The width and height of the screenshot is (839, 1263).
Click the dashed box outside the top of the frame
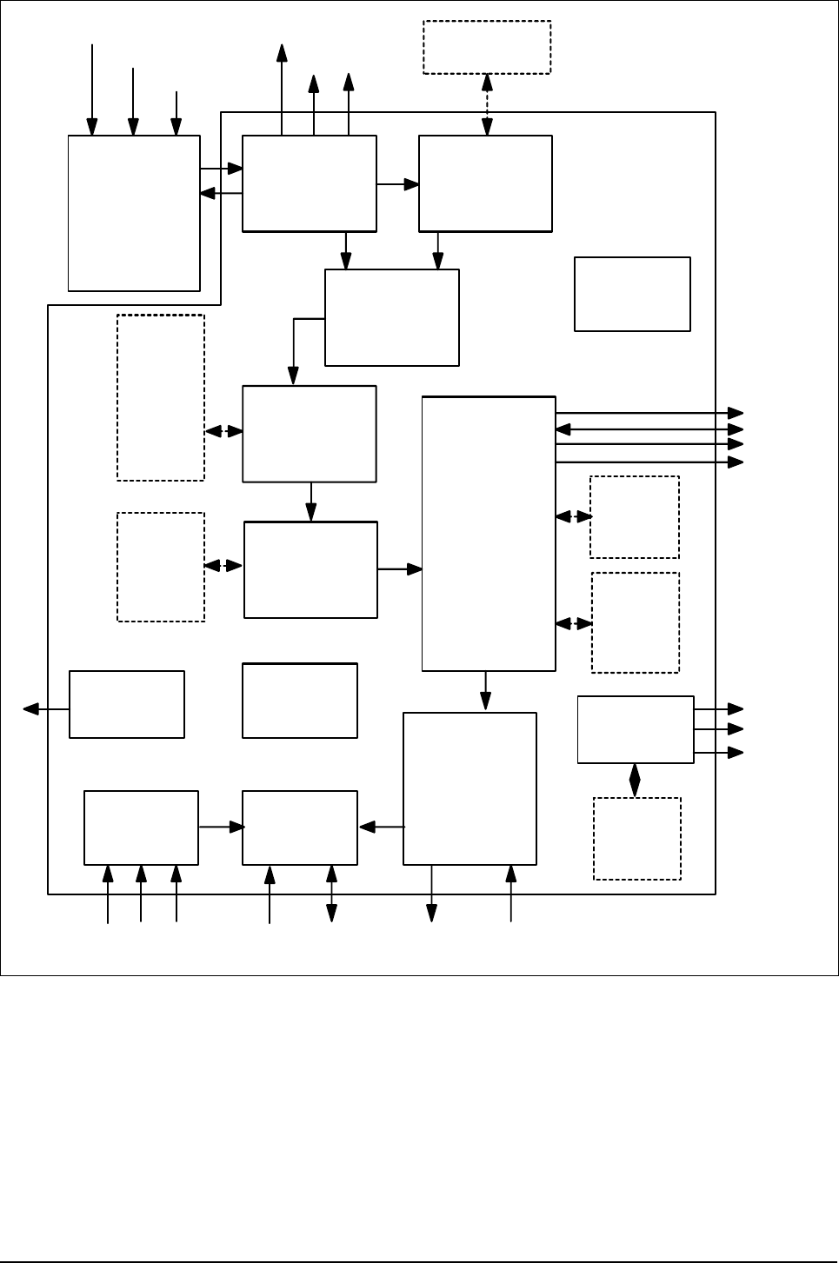[487, 47]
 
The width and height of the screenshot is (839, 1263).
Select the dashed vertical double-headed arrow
[487, 104]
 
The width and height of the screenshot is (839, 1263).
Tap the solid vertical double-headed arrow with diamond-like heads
[635, 780]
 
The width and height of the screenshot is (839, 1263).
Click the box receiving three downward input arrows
[134, 213]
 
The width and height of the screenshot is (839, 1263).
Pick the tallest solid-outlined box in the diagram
[489, 534]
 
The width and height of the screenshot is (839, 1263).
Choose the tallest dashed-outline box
[161, 397]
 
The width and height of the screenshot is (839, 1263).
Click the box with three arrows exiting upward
[309, 183]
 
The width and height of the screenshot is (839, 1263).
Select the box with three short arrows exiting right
[636, 729]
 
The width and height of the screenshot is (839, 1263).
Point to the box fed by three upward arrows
[141, 828]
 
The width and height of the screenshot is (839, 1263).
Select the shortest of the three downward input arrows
[176, 113]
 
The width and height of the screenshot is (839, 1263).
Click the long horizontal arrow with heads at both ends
[649, 429]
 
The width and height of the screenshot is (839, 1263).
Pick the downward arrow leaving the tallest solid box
[485, 691]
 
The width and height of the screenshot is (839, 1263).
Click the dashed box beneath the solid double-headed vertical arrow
[636, 839]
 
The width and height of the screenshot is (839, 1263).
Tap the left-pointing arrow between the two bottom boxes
[381, 828]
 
